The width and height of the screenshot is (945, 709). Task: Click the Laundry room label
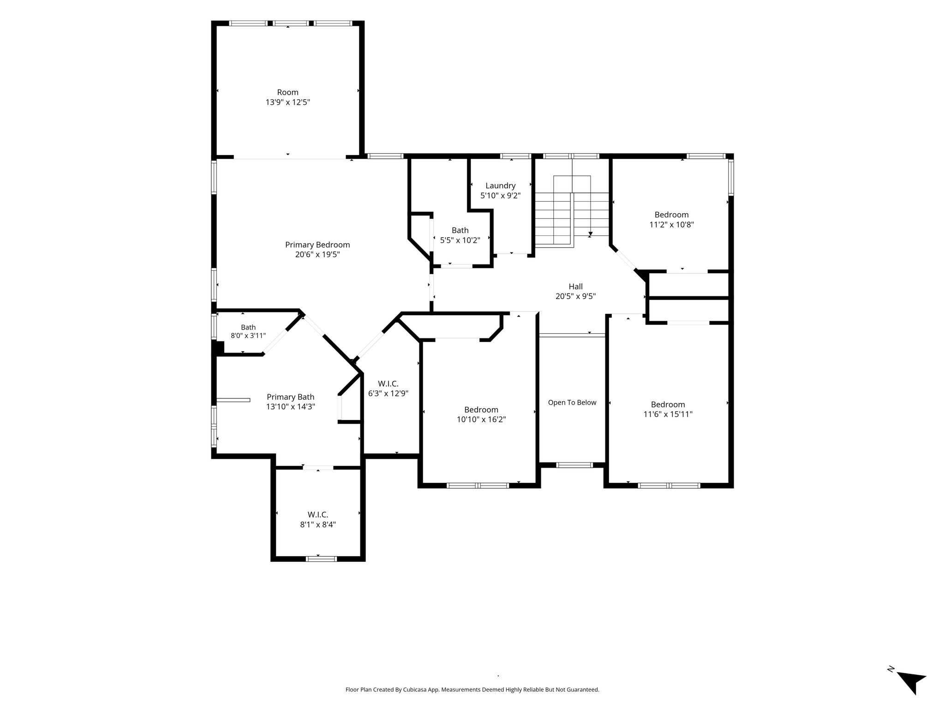[x=500, y=186]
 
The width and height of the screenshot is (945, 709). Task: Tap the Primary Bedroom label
[x=317, y=245]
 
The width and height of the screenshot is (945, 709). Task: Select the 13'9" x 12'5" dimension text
[x=287, y=102]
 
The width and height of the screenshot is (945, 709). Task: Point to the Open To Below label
[x=572, y=403]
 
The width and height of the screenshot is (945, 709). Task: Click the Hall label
[x=575, y=286]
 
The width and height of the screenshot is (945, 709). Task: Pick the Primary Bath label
[x=291, y=397]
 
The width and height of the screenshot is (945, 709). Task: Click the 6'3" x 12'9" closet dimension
[x=388, y=393]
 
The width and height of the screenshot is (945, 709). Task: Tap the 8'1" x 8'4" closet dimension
[x=318, y=524]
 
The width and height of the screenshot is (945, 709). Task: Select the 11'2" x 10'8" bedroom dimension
[x=671, y=225]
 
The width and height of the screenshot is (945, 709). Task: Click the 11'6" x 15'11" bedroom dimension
[x=668, y=415]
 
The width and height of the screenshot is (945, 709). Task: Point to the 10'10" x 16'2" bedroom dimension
[x=481, y=420]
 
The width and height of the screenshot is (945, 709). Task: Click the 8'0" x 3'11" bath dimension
[x=248, y=336]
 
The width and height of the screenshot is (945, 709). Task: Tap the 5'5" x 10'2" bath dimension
[x=460, y=240]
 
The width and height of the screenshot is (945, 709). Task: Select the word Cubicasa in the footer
[x=415, y=703]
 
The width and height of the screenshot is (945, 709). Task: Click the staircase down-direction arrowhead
[x=590, y=234]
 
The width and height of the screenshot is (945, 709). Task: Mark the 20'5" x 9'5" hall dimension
[x=575, y=296]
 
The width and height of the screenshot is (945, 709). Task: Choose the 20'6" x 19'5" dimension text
[x=317, y=254]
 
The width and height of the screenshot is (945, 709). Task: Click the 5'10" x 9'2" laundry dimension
[x=500, y=196]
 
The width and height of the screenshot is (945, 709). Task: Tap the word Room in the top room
[x=287, y=92]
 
